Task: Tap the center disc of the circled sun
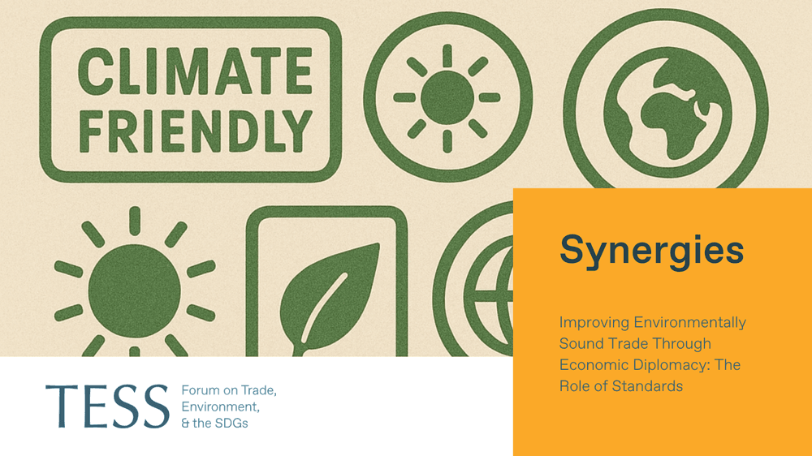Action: [447, 98]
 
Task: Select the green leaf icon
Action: [328, 299]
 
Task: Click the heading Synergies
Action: [651, 251]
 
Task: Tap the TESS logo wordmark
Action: [107, 406]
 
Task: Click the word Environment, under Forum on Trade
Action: [221, 407]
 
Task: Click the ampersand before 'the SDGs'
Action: [185, 424]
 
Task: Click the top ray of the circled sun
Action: [447, 55]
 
